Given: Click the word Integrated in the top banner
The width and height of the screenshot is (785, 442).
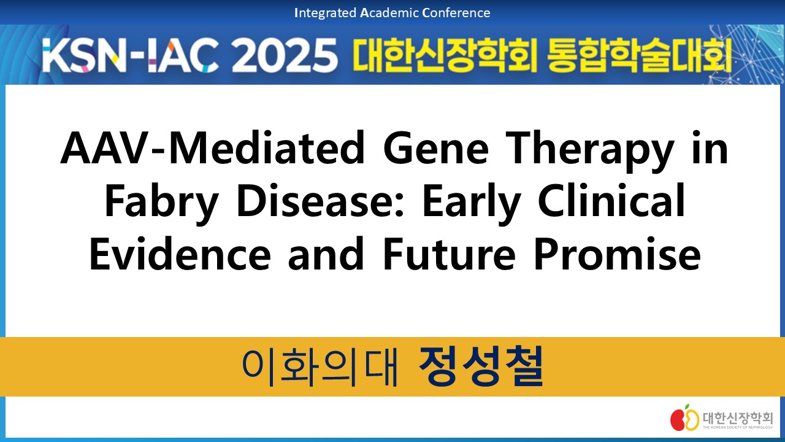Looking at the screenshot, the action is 326,14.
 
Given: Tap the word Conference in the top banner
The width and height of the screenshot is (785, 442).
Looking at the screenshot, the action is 456,13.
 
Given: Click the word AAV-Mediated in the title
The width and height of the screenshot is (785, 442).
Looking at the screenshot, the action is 213,147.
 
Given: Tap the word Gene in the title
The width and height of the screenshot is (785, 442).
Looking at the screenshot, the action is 436,147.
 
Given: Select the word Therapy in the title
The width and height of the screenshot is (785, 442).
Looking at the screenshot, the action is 590,151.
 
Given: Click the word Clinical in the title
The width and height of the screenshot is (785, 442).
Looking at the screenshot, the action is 611,200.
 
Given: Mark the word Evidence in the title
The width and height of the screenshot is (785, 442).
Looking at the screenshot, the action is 180,254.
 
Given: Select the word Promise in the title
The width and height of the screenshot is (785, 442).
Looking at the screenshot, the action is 617,254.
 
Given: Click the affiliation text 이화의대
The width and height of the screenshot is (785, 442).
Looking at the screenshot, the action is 320,367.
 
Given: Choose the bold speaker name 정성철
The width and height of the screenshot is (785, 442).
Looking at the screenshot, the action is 481,366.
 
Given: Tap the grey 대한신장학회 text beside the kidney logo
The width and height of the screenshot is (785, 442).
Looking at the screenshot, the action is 737,418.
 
